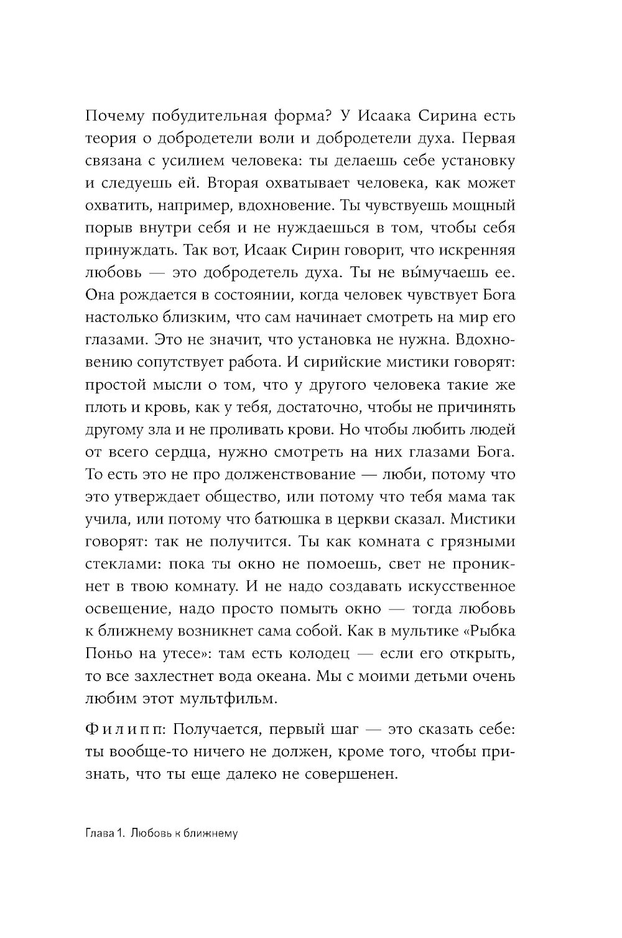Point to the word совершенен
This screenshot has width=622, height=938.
click(x=352, y=774)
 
